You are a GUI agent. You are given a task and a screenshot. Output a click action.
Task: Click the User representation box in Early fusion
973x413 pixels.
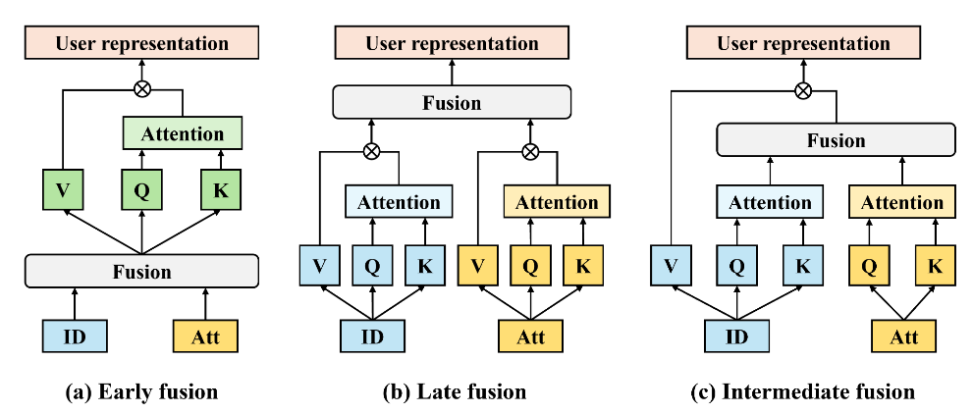[141, 43]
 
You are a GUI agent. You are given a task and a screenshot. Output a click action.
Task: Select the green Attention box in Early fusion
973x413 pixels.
[182, 132]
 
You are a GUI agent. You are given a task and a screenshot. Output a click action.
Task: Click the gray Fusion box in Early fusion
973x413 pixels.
[141, 270]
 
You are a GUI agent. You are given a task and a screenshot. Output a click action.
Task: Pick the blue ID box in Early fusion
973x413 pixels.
[75, 336]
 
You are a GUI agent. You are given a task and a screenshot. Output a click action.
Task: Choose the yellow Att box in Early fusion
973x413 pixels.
[206, 336]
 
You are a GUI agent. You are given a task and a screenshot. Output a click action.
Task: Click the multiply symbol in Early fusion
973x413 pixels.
[141, 89]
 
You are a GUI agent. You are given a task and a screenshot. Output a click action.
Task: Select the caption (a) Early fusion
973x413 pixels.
[141, 392]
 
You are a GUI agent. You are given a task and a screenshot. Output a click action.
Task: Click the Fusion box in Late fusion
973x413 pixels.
[452, 102]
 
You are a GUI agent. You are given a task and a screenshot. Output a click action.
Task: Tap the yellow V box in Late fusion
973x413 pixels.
[478, 264]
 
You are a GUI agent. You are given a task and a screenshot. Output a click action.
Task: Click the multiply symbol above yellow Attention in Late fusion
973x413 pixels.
[531, 151]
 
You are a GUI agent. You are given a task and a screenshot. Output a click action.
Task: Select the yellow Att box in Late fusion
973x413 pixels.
[531, 336]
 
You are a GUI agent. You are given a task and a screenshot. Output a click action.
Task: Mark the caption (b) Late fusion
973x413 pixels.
[454, 392]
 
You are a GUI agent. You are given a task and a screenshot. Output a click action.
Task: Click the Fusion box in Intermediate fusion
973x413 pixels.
[836, 140]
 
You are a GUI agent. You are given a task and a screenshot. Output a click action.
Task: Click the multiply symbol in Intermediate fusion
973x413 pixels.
[803, 90]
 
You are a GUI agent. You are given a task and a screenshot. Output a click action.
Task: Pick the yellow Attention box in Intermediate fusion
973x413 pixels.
[902, 202]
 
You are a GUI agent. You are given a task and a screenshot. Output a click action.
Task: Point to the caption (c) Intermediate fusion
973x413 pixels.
[804, 392]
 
